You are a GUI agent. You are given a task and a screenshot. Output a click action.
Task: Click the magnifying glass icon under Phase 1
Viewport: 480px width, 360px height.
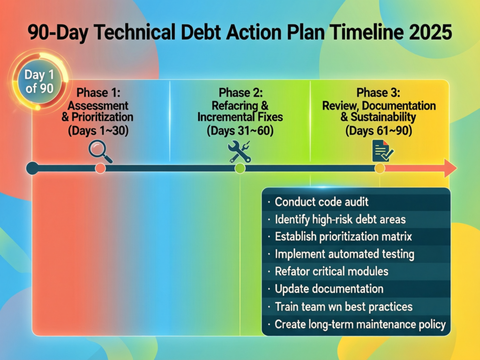pos(100,152)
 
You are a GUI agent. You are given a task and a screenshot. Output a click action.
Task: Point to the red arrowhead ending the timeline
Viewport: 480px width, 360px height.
pos(450,168)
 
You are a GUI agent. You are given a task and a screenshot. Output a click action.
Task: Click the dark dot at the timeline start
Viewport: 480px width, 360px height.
pos(32,168)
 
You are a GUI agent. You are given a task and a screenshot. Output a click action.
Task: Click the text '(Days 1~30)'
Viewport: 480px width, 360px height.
pos(98,131)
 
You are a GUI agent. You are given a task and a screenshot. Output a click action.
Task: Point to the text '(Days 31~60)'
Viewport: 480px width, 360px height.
pos(240,131)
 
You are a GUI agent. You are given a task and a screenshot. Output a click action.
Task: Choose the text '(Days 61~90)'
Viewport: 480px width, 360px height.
pos(379,131)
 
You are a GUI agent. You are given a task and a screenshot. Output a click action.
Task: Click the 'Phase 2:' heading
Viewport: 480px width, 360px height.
pos(240,92)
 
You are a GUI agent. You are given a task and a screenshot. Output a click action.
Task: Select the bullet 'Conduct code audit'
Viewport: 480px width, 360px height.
pos(322,202)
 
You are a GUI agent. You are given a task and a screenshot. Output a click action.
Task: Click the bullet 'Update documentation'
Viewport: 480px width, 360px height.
pos(329,289)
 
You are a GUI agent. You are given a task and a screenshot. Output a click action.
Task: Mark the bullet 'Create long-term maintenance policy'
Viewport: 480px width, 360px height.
pos(360,324)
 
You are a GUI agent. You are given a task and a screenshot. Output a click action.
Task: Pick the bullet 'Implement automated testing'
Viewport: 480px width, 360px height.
pos(345,254)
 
